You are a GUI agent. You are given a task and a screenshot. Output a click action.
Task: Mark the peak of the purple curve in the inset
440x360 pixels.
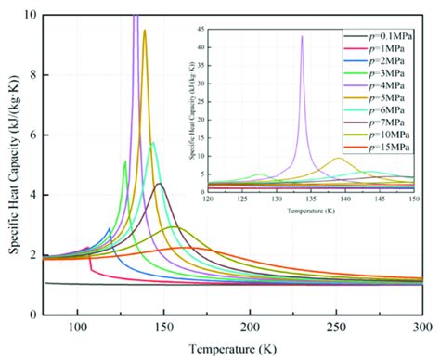coord(302,37)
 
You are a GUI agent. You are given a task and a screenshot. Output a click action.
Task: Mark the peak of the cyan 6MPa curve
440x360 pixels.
coord(153,143)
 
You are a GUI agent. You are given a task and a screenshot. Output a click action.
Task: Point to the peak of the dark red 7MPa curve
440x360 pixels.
coord(160,184)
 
